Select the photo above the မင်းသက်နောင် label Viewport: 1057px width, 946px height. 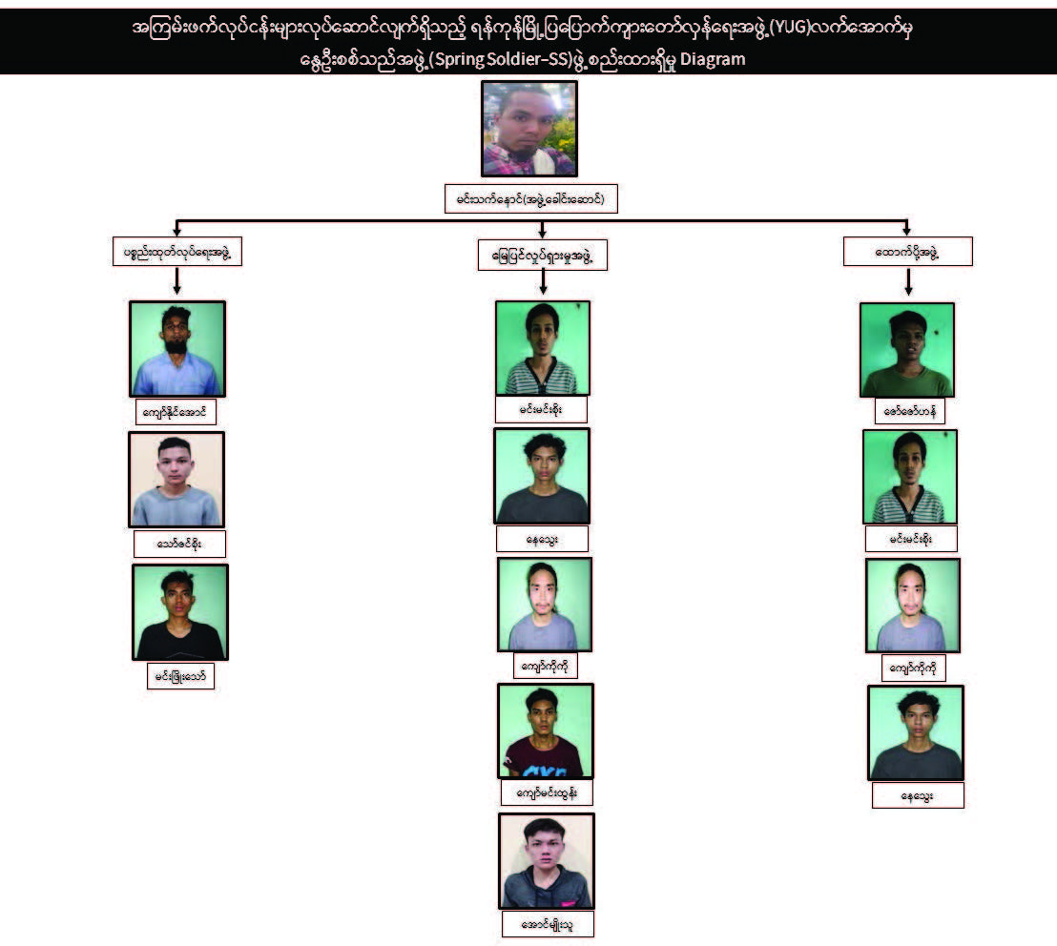pyautogui.click(x=529, y=129)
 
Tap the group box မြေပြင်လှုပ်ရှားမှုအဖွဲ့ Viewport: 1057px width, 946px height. pyautogui.click(x=542, y=256)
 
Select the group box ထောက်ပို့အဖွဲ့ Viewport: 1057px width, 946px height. pyautogui.click(x=907, y=252)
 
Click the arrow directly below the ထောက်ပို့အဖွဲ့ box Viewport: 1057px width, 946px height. pyautogui.click(x=908, y=281)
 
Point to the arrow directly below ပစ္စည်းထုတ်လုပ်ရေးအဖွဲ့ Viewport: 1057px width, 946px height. pyautogui.click(x=176, y=281)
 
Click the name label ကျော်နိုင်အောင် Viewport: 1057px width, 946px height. pyautogui.click(x=176, y=412)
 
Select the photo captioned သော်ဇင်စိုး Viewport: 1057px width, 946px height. pyautogui.click(x=176, y=480)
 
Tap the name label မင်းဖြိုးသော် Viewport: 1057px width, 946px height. pyautogui.click(x=180, y=676)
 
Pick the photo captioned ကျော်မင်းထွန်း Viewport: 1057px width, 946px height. pyautogui.click(x=545, y=730)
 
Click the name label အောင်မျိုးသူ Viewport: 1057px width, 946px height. pyautogui.click(x=548, y=923)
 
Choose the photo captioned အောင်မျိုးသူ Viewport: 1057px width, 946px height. pyautogui.click(x=547, y=860)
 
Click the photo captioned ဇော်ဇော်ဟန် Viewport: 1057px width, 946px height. pyautogui.click(x=907, y=350)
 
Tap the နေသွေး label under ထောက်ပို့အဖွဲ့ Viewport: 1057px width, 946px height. pyautogui.click(x=918, y=795)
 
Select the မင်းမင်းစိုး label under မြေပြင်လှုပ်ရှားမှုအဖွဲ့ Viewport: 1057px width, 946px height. pyautogui.click(x=541, y=409)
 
